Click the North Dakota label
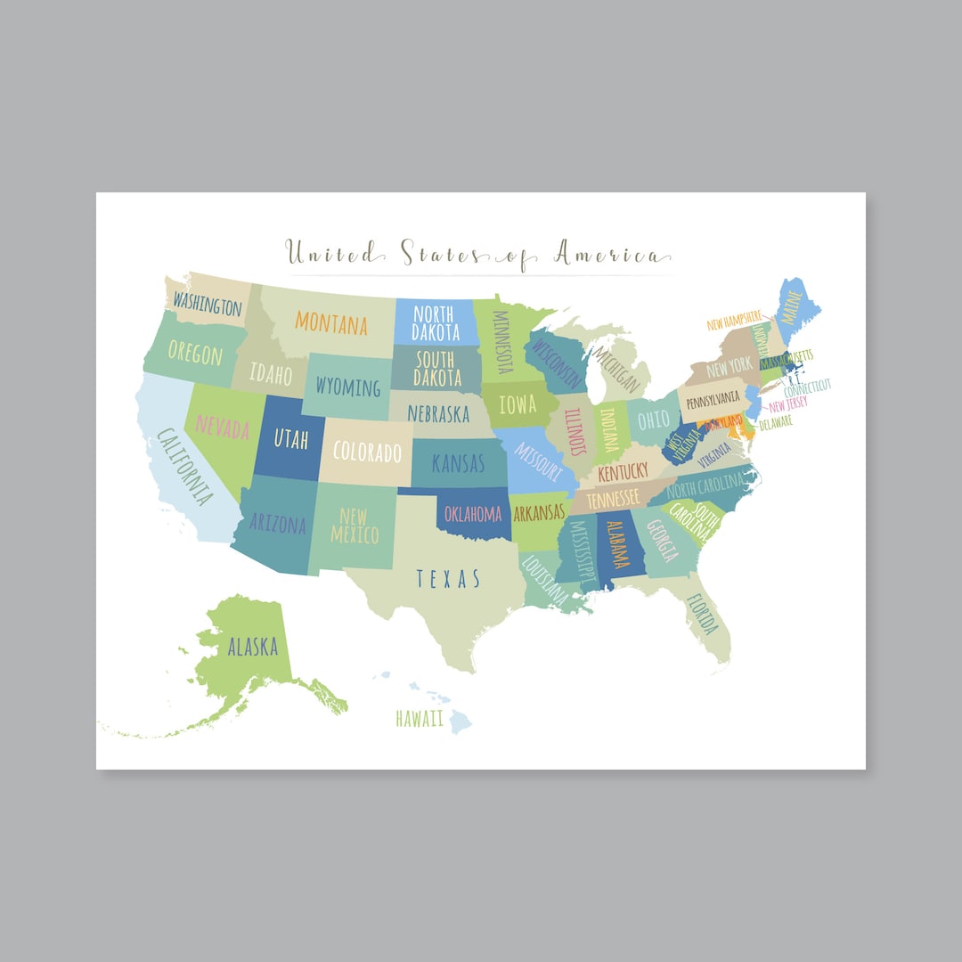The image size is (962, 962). (436, 323)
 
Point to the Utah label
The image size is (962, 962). (285, 438)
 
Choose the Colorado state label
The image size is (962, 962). (367, 452)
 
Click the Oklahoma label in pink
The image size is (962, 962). (473, 514)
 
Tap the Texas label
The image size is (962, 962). (448, 579)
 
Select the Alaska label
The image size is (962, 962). (252, 648)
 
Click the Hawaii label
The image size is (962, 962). (420, 719)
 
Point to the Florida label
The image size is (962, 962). (701, 614)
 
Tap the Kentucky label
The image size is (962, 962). (623, 472)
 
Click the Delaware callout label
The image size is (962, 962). (775, 423)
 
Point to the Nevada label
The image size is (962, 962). (223, 428)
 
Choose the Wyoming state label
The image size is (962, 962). (347, 387)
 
